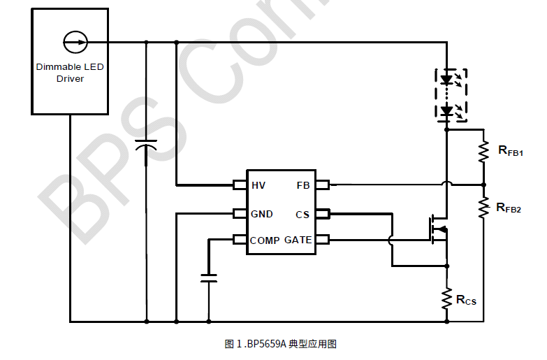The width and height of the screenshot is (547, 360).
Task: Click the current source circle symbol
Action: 73,42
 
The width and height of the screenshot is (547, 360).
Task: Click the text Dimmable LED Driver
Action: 69,73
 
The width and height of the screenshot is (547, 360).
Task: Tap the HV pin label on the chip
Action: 258,185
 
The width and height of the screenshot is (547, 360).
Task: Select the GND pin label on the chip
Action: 262,214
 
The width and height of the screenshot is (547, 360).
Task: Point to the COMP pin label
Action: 265,240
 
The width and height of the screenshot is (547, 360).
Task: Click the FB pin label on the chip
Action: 302,185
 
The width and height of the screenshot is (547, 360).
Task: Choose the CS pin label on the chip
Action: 302,215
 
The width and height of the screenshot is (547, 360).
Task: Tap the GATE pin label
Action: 298,240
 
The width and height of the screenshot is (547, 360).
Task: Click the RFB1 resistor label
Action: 510,150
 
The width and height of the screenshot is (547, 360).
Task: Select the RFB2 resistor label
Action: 509,208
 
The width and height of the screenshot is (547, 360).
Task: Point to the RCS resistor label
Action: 466,300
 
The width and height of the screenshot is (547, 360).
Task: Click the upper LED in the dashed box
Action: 447,80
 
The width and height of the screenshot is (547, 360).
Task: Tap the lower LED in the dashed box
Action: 447,110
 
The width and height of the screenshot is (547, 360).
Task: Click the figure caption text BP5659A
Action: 265,344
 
